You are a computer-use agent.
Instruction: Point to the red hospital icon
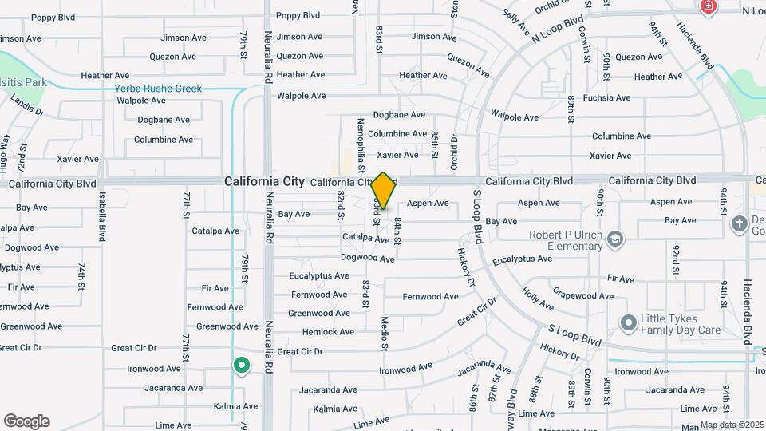[707, 7]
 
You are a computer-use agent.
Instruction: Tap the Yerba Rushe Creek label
[158, 89]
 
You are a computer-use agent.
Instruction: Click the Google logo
[26, 421]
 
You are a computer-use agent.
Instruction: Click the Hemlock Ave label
[328, 332]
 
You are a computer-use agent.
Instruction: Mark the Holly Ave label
[537, 299]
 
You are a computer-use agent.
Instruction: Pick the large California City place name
[264, 181]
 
